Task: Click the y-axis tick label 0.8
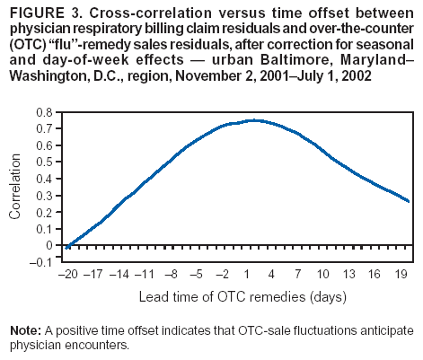click(44, 112)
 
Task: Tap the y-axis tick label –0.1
click(41, 261)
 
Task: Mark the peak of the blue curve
click(255, 120)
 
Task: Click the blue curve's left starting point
click(67, 246)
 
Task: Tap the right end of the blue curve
click(410, 202)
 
